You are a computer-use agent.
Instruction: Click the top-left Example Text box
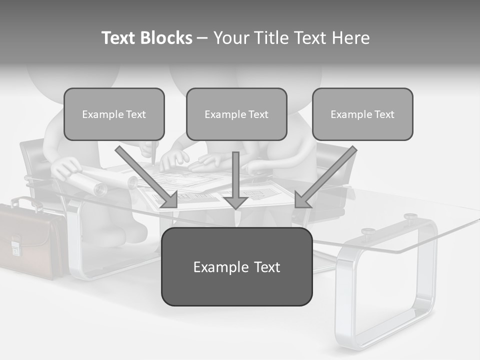tap(114, 114)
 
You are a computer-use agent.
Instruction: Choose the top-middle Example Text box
tap(236, 114)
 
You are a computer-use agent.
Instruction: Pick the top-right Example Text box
tap(362, 114)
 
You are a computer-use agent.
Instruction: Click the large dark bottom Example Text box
tap(236, 266)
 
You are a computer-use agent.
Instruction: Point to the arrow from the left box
tap(146, 177)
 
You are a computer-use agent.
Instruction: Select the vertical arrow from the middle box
tap(235, 180)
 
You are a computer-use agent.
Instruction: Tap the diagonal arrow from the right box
tap(325, 177)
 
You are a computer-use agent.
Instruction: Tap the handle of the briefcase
tap(25, 201)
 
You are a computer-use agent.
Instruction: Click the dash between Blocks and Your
tap(202, 38)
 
